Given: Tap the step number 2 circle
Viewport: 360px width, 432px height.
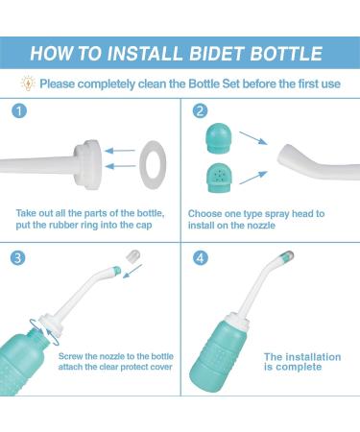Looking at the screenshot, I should click(199, 109).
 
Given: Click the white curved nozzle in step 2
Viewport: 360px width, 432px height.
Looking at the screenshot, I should click(312, 157).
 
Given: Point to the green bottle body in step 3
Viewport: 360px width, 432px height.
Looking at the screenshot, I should click(38, 360).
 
